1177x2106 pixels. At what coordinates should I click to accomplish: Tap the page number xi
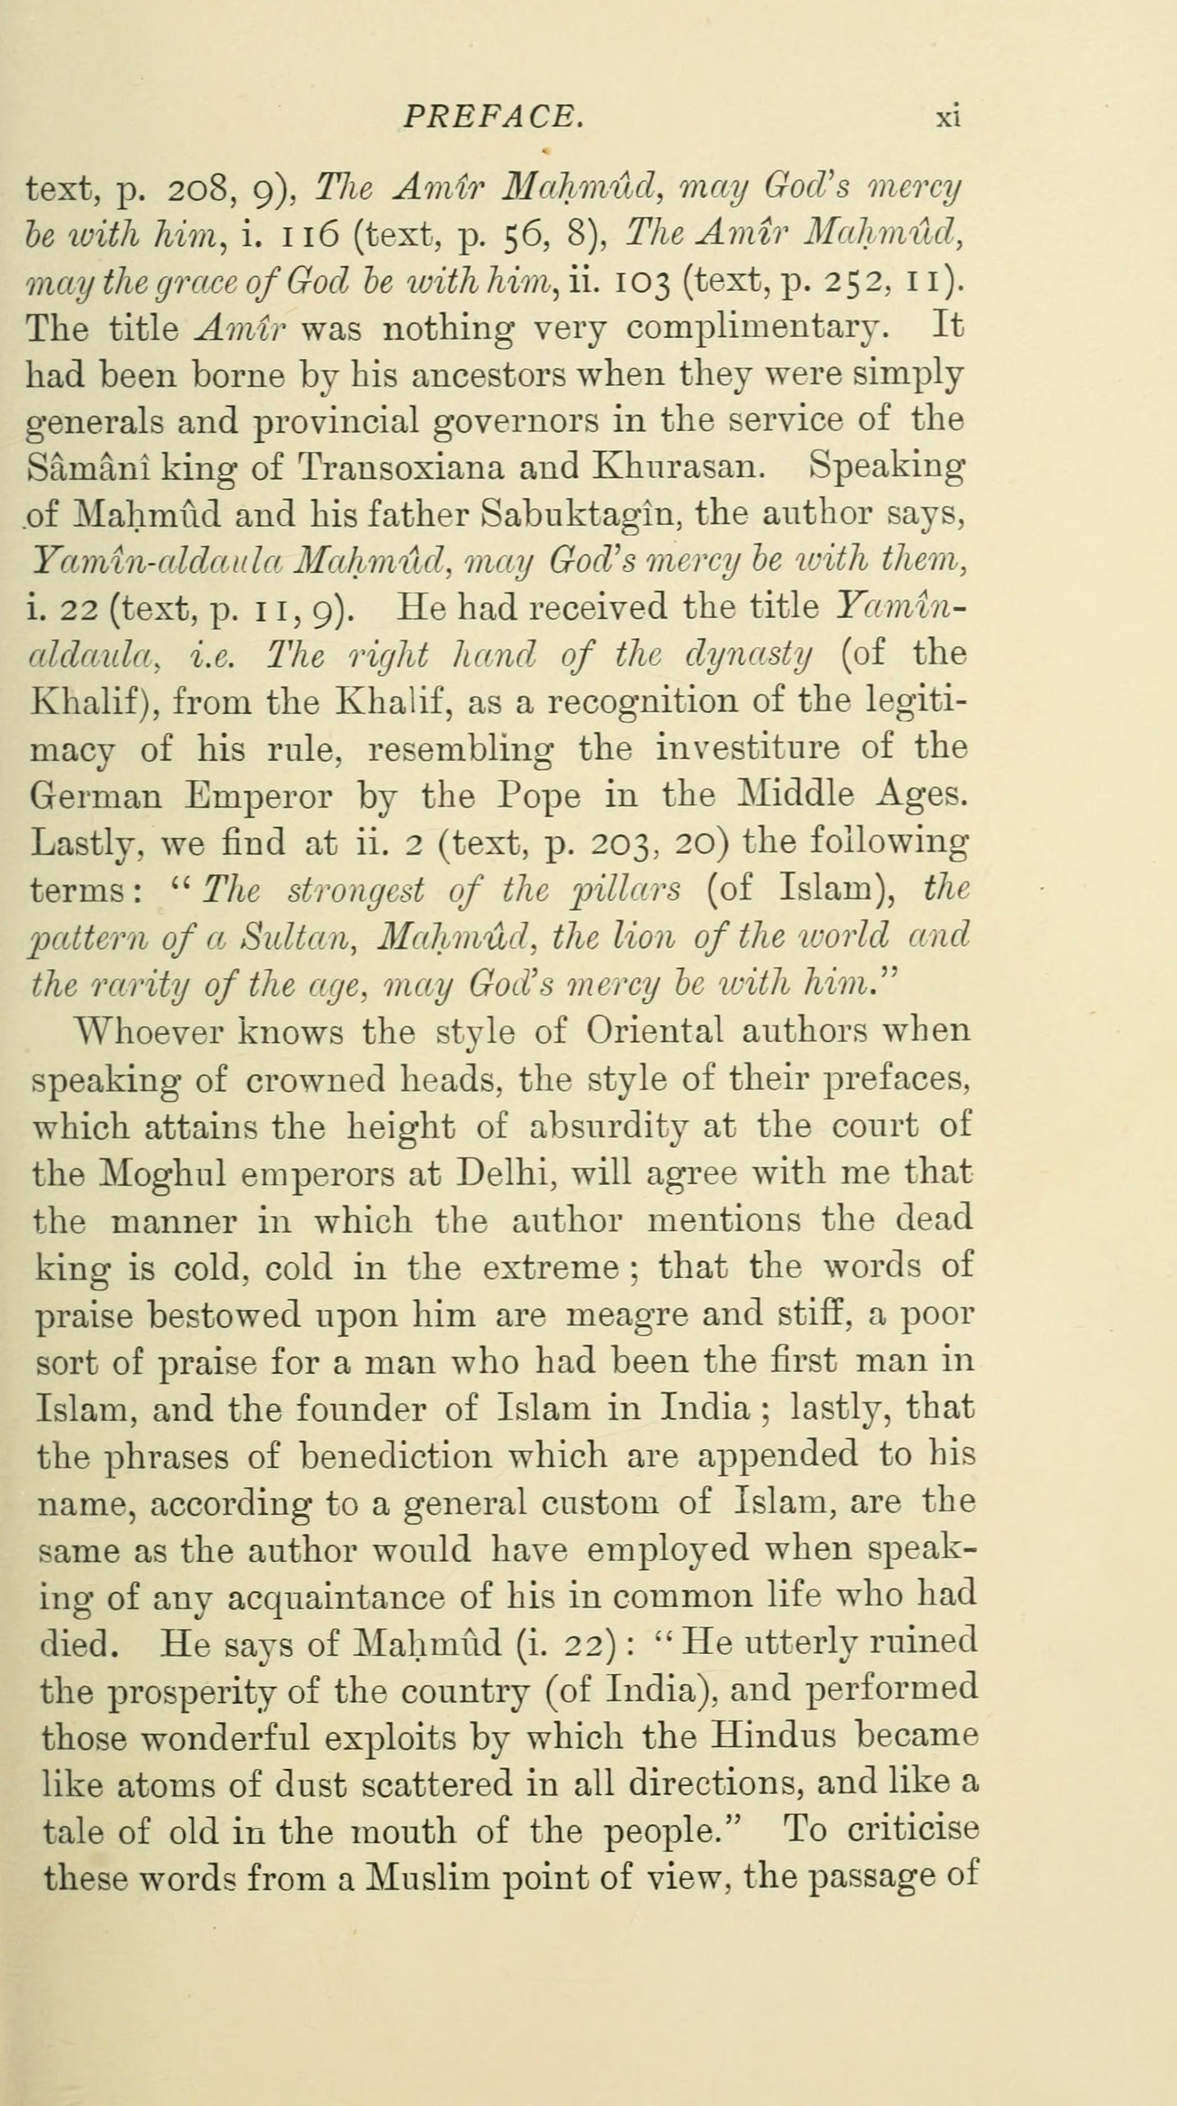[947, 118]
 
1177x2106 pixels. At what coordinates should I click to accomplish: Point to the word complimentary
[753, 329]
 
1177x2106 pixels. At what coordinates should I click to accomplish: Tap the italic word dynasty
[749, 654]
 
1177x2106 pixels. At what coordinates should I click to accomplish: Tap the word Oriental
[654, 1031]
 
